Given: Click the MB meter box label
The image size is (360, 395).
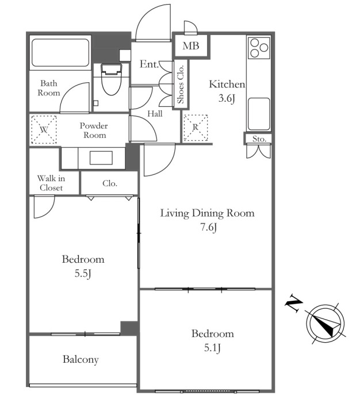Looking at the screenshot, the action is click(191, 46).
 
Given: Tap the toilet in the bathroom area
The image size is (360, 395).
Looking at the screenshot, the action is click(111, 79).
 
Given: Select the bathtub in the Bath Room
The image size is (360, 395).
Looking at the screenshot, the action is click(60, 53).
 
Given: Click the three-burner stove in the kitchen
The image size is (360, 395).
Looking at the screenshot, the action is click(259, 47).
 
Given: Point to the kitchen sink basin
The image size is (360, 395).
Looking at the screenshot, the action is click(259, 114).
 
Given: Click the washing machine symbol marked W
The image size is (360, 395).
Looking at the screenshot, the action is click(44, 129).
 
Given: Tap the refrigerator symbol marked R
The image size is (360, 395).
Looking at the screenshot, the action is click(196, 128).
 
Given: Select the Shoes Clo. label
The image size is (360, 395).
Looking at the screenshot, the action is click(181, 85).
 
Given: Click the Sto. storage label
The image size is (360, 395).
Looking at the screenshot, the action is click(259, 139).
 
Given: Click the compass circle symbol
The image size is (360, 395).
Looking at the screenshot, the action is click(325, 324).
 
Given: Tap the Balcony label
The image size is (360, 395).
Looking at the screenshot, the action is click(81, 359).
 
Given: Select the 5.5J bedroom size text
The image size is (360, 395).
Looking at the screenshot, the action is click(83, 273).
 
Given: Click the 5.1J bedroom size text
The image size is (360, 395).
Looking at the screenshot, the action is click(212, 348).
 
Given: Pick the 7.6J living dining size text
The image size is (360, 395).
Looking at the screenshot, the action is click(209, 227).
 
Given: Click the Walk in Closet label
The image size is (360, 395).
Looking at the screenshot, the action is click(51, 183).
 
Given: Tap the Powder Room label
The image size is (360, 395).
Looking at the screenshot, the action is click(94, 131).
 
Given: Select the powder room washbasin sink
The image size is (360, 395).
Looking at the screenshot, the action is click(101, 158).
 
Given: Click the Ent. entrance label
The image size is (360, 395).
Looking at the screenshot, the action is click(149, 64).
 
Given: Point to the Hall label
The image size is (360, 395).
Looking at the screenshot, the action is click(155, 114).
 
